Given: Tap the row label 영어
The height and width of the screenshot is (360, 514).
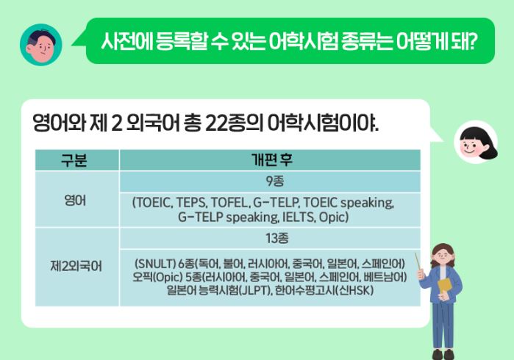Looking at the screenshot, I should coord(76,199).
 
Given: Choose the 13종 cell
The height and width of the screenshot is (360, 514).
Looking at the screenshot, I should coord(269,238).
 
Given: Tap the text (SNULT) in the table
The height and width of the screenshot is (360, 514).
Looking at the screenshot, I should coord(154,263).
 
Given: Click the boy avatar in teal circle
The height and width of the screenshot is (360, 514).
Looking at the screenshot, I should coord(40,45).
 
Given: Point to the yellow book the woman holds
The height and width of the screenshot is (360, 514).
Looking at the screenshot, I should coord(446,285).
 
